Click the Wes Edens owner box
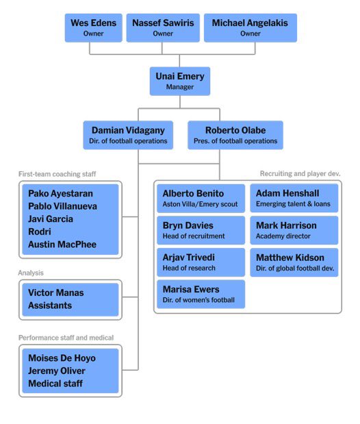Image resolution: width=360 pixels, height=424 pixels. (x=93, y=27)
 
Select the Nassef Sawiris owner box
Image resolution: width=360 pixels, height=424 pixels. (x=163, y=27)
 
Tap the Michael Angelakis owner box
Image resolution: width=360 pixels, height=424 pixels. (x=250, y=27)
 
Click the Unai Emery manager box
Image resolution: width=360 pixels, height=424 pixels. (x=180, y=81)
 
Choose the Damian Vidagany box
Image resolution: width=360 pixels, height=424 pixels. (x=128, y=135)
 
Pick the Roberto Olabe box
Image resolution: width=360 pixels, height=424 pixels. (x=235, y=135)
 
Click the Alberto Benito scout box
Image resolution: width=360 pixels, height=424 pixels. (x=201, y=199)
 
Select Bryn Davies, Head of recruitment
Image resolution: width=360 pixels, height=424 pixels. (x=201, y=230)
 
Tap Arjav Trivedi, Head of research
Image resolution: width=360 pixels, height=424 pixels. (x=201, y=262)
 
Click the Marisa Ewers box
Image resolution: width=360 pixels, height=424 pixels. (x=201, y=295)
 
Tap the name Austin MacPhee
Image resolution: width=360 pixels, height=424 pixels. (x=62, y=245)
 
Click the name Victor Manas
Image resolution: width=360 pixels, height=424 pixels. (x=56, y=293)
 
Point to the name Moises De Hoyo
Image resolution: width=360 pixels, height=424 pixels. (x=62, y=358)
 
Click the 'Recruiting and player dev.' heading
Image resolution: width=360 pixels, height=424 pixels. (x=300, y=174)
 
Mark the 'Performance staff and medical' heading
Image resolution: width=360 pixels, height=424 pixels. (x=66, y=338)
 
